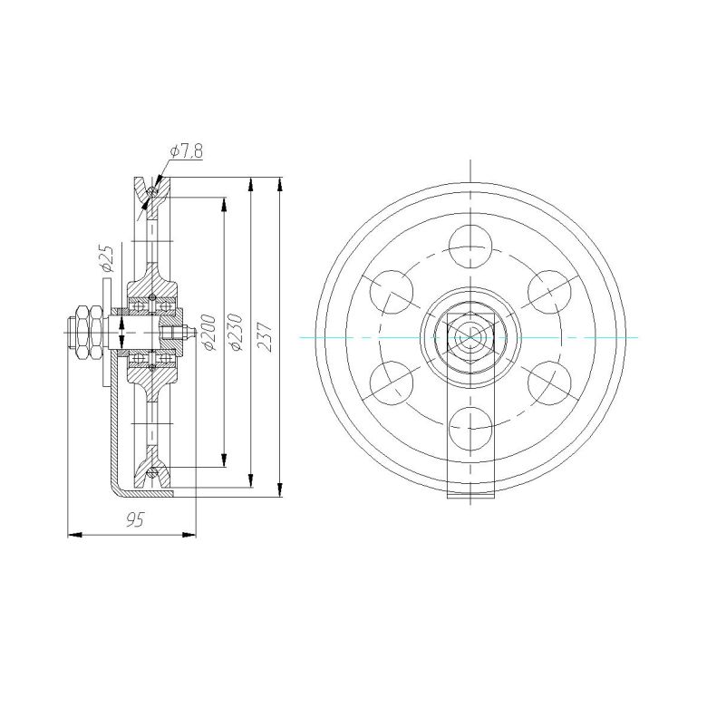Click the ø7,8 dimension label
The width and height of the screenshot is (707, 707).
point(186,151)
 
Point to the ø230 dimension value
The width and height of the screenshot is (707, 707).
point(236,333)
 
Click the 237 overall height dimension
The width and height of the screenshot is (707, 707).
point(265,335)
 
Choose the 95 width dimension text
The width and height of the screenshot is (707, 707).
point(135,519)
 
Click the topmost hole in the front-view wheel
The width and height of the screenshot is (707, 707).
point(470,247)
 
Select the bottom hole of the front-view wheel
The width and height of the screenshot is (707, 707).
point(470,429)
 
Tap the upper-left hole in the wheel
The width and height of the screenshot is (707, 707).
point(392,292)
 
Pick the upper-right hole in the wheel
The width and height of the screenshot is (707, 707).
point(549,292)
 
